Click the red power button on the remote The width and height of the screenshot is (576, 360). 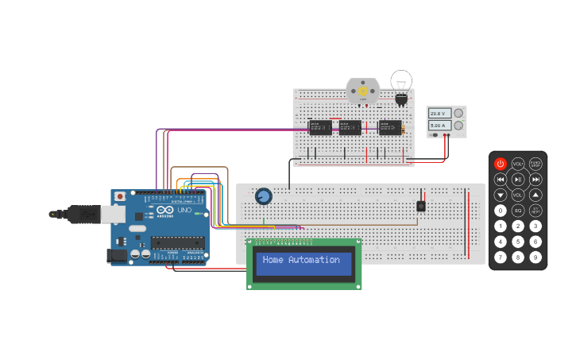tap(501, 164)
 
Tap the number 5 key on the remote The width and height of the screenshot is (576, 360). tap(518, 242)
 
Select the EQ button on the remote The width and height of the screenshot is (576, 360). tap(518, 211)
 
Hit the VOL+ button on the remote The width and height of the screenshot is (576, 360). tap(518, 164)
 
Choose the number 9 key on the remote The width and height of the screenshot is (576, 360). tap(535, 257)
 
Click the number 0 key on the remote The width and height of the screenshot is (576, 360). tap(501, 211)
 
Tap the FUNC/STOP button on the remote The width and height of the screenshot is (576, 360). tap(535, 164)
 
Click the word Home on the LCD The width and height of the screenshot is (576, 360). tap(273, 260)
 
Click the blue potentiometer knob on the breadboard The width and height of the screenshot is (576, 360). tap(263, 196)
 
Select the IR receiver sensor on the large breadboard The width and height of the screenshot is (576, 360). tap(421, 206)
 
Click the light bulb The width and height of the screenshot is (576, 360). tap(402, 83)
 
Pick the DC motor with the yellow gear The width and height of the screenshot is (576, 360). tap(363, 91)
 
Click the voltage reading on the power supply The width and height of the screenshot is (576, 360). tap(440, 114)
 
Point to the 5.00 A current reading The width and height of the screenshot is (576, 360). tap(440, 126)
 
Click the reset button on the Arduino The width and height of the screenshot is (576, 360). tap(120, 196)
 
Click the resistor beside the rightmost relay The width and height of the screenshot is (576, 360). tap(404, 129)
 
